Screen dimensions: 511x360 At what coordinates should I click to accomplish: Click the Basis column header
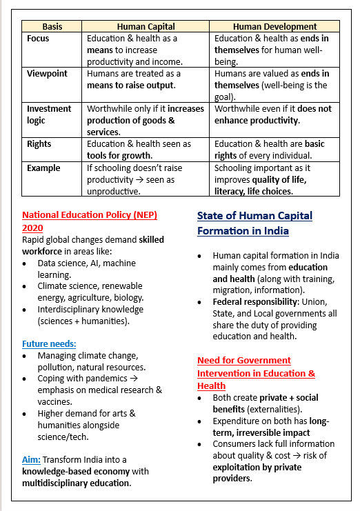[52, 26]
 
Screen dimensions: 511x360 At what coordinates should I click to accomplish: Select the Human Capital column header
[146, 26]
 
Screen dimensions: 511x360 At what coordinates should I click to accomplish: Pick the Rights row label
[39, 144]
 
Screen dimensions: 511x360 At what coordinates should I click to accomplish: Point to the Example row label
[43, 168]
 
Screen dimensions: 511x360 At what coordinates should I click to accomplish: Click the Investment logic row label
[49, 114]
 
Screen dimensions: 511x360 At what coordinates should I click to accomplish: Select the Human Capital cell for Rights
[139, 150]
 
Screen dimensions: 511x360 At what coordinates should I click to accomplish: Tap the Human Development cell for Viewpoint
[272, 85]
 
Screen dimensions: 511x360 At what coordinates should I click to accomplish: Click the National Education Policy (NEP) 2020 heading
[90, 221]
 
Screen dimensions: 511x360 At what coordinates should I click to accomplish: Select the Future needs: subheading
[49, 343]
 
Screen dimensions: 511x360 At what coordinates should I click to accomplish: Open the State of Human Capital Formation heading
[254, 223]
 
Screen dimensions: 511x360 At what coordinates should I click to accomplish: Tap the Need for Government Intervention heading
[256, 372]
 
